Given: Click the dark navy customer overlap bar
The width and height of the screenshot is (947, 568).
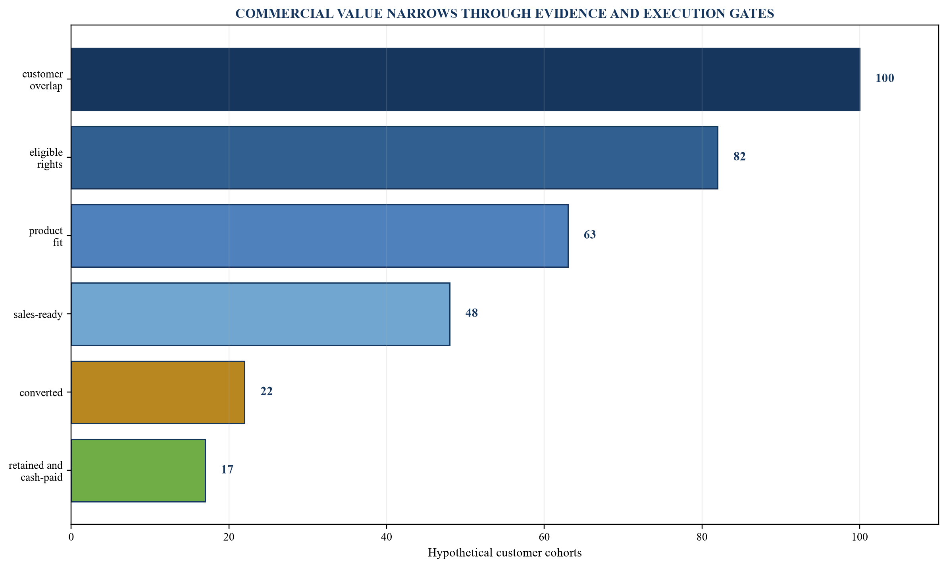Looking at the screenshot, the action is tap(466, 79).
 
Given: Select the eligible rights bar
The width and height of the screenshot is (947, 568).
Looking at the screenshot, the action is tap(395, 158).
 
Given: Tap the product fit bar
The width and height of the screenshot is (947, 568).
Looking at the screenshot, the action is tap(320, 236).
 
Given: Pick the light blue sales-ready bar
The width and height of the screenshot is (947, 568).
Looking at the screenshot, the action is tap(261, 314).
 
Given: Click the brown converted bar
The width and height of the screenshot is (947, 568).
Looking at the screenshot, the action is tap(158, 392).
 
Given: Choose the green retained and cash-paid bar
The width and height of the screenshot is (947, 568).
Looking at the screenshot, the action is tap(139, 471).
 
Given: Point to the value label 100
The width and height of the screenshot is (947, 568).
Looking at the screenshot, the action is tap(885, 79).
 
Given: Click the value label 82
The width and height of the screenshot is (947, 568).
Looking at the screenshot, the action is tap(739, 157).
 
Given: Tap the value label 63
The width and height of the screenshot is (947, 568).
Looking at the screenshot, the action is tap(590, 235).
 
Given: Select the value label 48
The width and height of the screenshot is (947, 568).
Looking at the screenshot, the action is tap(472, 313).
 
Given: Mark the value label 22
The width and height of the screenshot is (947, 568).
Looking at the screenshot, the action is tap(266, 392).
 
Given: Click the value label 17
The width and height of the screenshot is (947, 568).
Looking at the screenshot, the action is tap(227, 470).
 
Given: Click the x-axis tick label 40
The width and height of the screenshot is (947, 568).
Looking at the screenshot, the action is tap(386, 537).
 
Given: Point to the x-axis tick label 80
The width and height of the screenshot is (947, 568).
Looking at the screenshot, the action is tap(702, 537).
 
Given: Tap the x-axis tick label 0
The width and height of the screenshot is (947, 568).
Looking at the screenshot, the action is tap(71, 537).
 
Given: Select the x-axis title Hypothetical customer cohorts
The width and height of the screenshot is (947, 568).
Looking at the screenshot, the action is tap(505, 553).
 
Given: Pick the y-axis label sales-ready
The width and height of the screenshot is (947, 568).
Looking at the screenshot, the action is tap(38, 315).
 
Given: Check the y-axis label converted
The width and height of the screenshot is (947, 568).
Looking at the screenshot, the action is tap(41, 393).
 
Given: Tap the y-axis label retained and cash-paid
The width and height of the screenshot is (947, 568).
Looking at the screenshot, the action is tap(36, 471).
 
